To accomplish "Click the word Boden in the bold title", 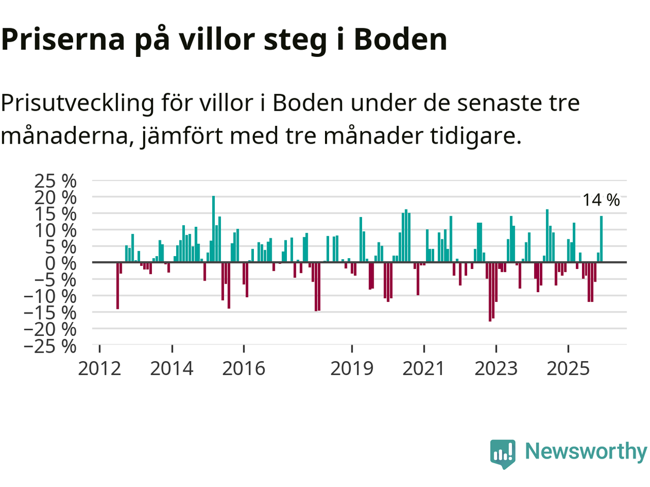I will pos(400,39).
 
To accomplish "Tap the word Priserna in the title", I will pos(63,39).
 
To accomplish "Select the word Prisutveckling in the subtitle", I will pos(77,103).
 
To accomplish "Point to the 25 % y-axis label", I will pos(55,181).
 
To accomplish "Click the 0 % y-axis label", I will pos(61,263).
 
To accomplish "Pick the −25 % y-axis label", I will pos(50,346).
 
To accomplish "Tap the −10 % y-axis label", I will pos(50,296).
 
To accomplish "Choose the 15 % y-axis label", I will pos(55,214).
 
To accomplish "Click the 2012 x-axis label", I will pos(100,368).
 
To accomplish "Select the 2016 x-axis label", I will pos(244,368).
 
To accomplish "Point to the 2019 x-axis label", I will pos(352,368).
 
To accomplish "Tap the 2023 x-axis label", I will pos(496,368).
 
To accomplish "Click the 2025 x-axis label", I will pos(568,368).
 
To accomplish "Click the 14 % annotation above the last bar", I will pos(601,200).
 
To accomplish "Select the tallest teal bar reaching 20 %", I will pos(213,229).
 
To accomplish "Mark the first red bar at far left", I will pos(117,286).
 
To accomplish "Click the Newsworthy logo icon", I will pos(503,453).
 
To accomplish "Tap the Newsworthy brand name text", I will pos(586,451).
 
